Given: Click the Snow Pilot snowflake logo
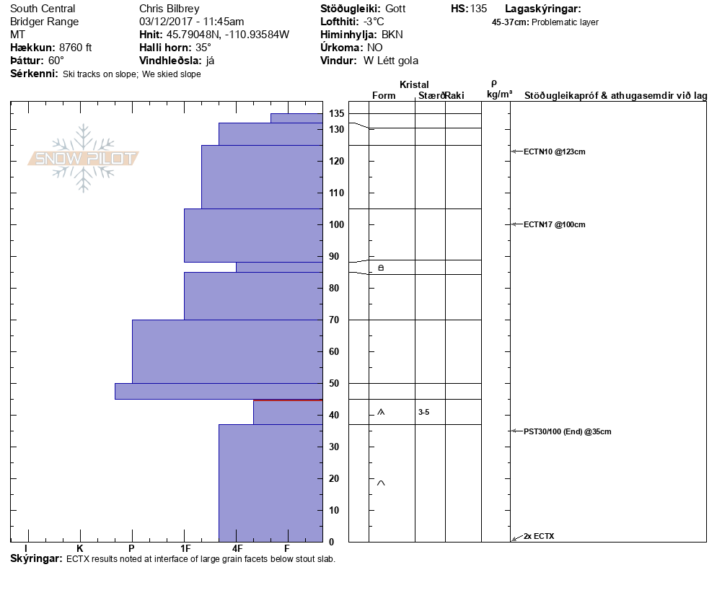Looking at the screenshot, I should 84,158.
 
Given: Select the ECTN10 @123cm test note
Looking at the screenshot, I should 554,151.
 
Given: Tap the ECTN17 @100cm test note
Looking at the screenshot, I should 554,224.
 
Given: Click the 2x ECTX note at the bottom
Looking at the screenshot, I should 539,536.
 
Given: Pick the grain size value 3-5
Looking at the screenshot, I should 423,412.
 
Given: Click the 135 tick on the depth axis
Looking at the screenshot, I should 336,114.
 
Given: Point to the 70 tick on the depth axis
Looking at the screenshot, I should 334,320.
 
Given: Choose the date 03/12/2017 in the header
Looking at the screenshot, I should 167,22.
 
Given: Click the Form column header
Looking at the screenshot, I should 383,96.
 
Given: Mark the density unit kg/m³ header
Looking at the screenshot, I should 499,95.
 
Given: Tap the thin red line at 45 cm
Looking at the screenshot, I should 288,400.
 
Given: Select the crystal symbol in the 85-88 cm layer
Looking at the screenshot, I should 382,268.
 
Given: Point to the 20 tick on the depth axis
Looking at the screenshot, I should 334,478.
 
